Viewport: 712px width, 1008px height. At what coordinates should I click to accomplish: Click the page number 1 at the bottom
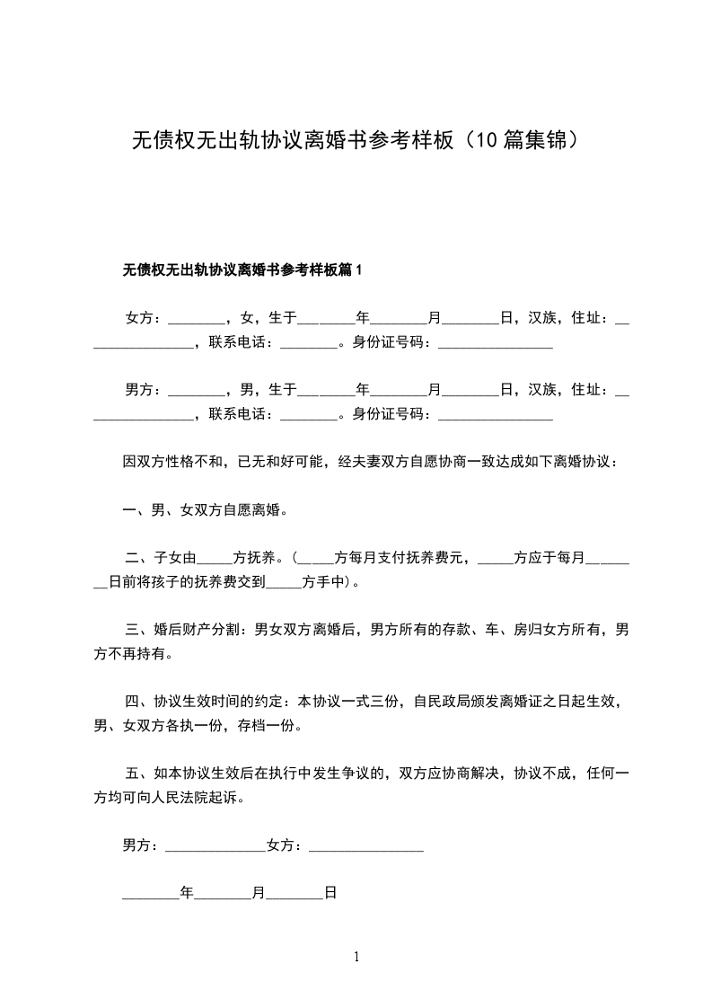[x=356, y=957]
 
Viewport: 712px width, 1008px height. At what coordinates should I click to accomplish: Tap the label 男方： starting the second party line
[x=144, y=389]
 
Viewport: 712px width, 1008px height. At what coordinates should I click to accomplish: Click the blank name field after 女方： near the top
[x=196, y=319]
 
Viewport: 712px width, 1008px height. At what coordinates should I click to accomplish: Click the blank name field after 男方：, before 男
[x=196, y=391]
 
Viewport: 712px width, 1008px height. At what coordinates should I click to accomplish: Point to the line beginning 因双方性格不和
[x=368, y=462]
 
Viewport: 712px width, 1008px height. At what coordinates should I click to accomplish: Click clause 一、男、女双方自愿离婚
[x=205, y=510]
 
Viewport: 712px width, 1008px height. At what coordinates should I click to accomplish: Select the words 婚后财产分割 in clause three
[x=196, y=631]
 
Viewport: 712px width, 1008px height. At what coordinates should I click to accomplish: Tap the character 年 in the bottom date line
[x=187, y=894]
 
